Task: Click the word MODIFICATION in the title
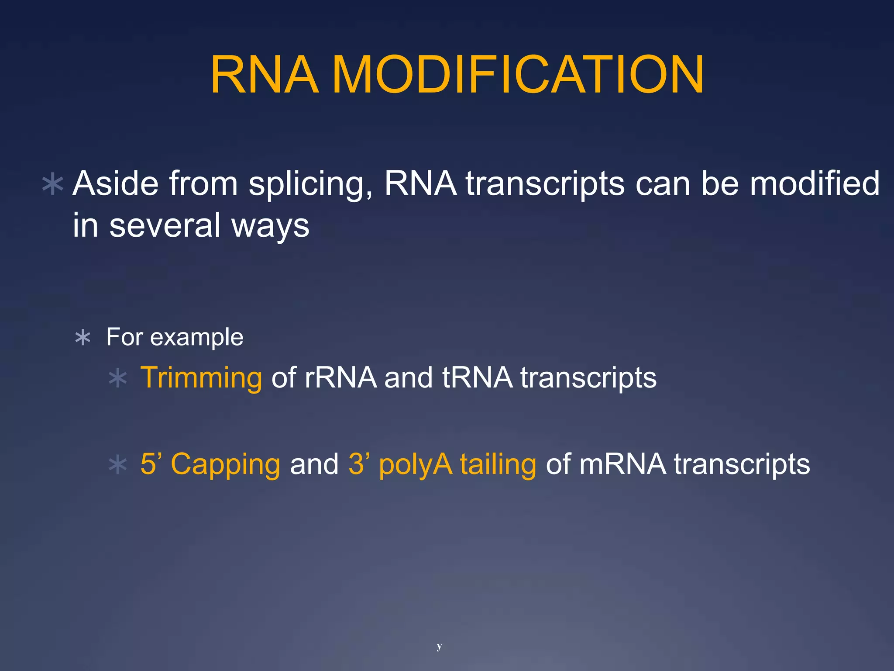click(518, 75)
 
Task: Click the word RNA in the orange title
click(265, 75)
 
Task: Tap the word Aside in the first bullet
click(116, 183)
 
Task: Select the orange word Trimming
click(201, 378)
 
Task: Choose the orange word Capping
click(225, 465)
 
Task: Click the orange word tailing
click(498, 465)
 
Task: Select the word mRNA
click(623, 464)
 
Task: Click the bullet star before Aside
click(53, 185)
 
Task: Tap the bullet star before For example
click(83, 338)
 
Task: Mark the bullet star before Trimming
click(117, 378)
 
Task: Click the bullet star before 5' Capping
click(117, 465)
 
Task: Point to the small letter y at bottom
click(439, 646)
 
